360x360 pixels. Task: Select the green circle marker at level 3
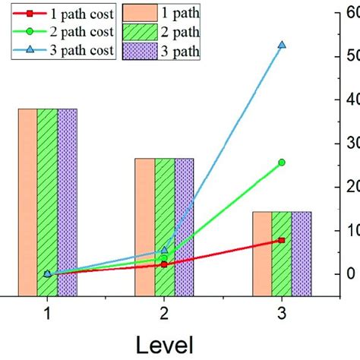282,162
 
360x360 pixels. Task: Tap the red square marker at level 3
282,240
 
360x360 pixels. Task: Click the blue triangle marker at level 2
164,250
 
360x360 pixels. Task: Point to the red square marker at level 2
164,264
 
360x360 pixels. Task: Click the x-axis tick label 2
164,312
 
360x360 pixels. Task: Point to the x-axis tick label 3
282,312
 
